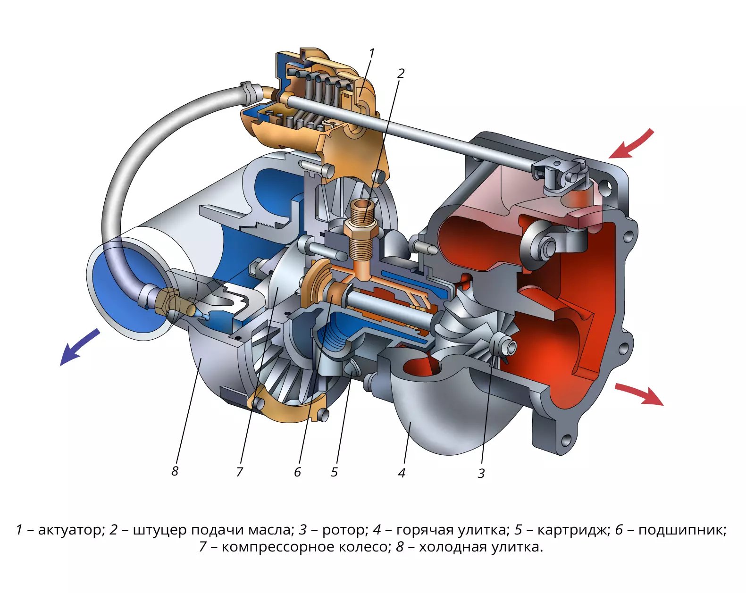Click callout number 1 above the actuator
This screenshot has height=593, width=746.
(x=372, y=53)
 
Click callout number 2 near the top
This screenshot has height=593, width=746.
(x=401, y=74)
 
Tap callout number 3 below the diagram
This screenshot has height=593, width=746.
(x=481, y=474)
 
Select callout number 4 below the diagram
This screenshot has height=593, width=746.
(x=402, y=473)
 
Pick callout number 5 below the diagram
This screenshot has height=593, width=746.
(x=334, y=472)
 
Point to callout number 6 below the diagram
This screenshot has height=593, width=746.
(x=297, y=472)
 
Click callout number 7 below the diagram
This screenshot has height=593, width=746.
(x=240, y=472)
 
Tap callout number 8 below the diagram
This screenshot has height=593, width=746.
(x=175, y=471)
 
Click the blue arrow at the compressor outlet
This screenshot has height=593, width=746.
(x=80, y=347)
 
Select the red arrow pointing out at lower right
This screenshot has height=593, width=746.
(x=639, y=395)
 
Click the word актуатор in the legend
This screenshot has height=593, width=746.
(x=71, y=530)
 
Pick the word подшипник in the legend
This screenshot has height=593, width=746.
(x=682, y=530)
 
